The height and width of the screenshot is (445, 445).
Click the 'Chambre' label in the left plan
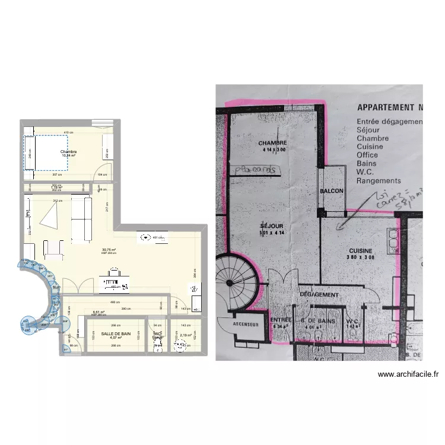(x=68, y=152)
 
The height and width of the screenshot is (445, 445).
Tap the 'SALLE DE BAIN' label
(x=116, y=334)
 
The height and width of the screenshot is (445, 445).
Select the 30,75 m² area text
(x=108, y=250)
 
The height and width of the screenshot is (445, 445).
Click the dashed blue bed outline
(x=46, y=152)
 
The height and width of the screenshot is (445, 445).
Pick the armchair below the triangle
(x=54, y=250)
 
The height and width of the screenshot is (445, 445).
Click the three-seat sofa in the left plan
(x=82, y=220)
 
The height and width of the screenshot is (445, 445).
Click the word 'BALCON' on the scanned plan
(x=332, y=191)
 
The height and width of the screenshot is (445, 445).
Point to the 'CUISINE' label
(x=361, y=250)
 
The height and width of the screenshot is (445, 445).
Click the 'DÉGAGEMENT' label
(x=319, y=294)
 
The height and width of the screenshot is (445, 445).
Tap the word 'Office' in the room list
(x=367, y=155)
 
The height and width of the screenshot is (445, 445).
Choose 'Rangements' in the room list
(x=379, y=180)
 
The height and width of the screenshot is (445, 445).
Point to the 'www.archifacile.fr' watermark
(x=408, y=374)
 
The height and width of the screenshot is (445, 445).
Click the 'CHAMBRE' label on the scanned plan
(x=273, y=143)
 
